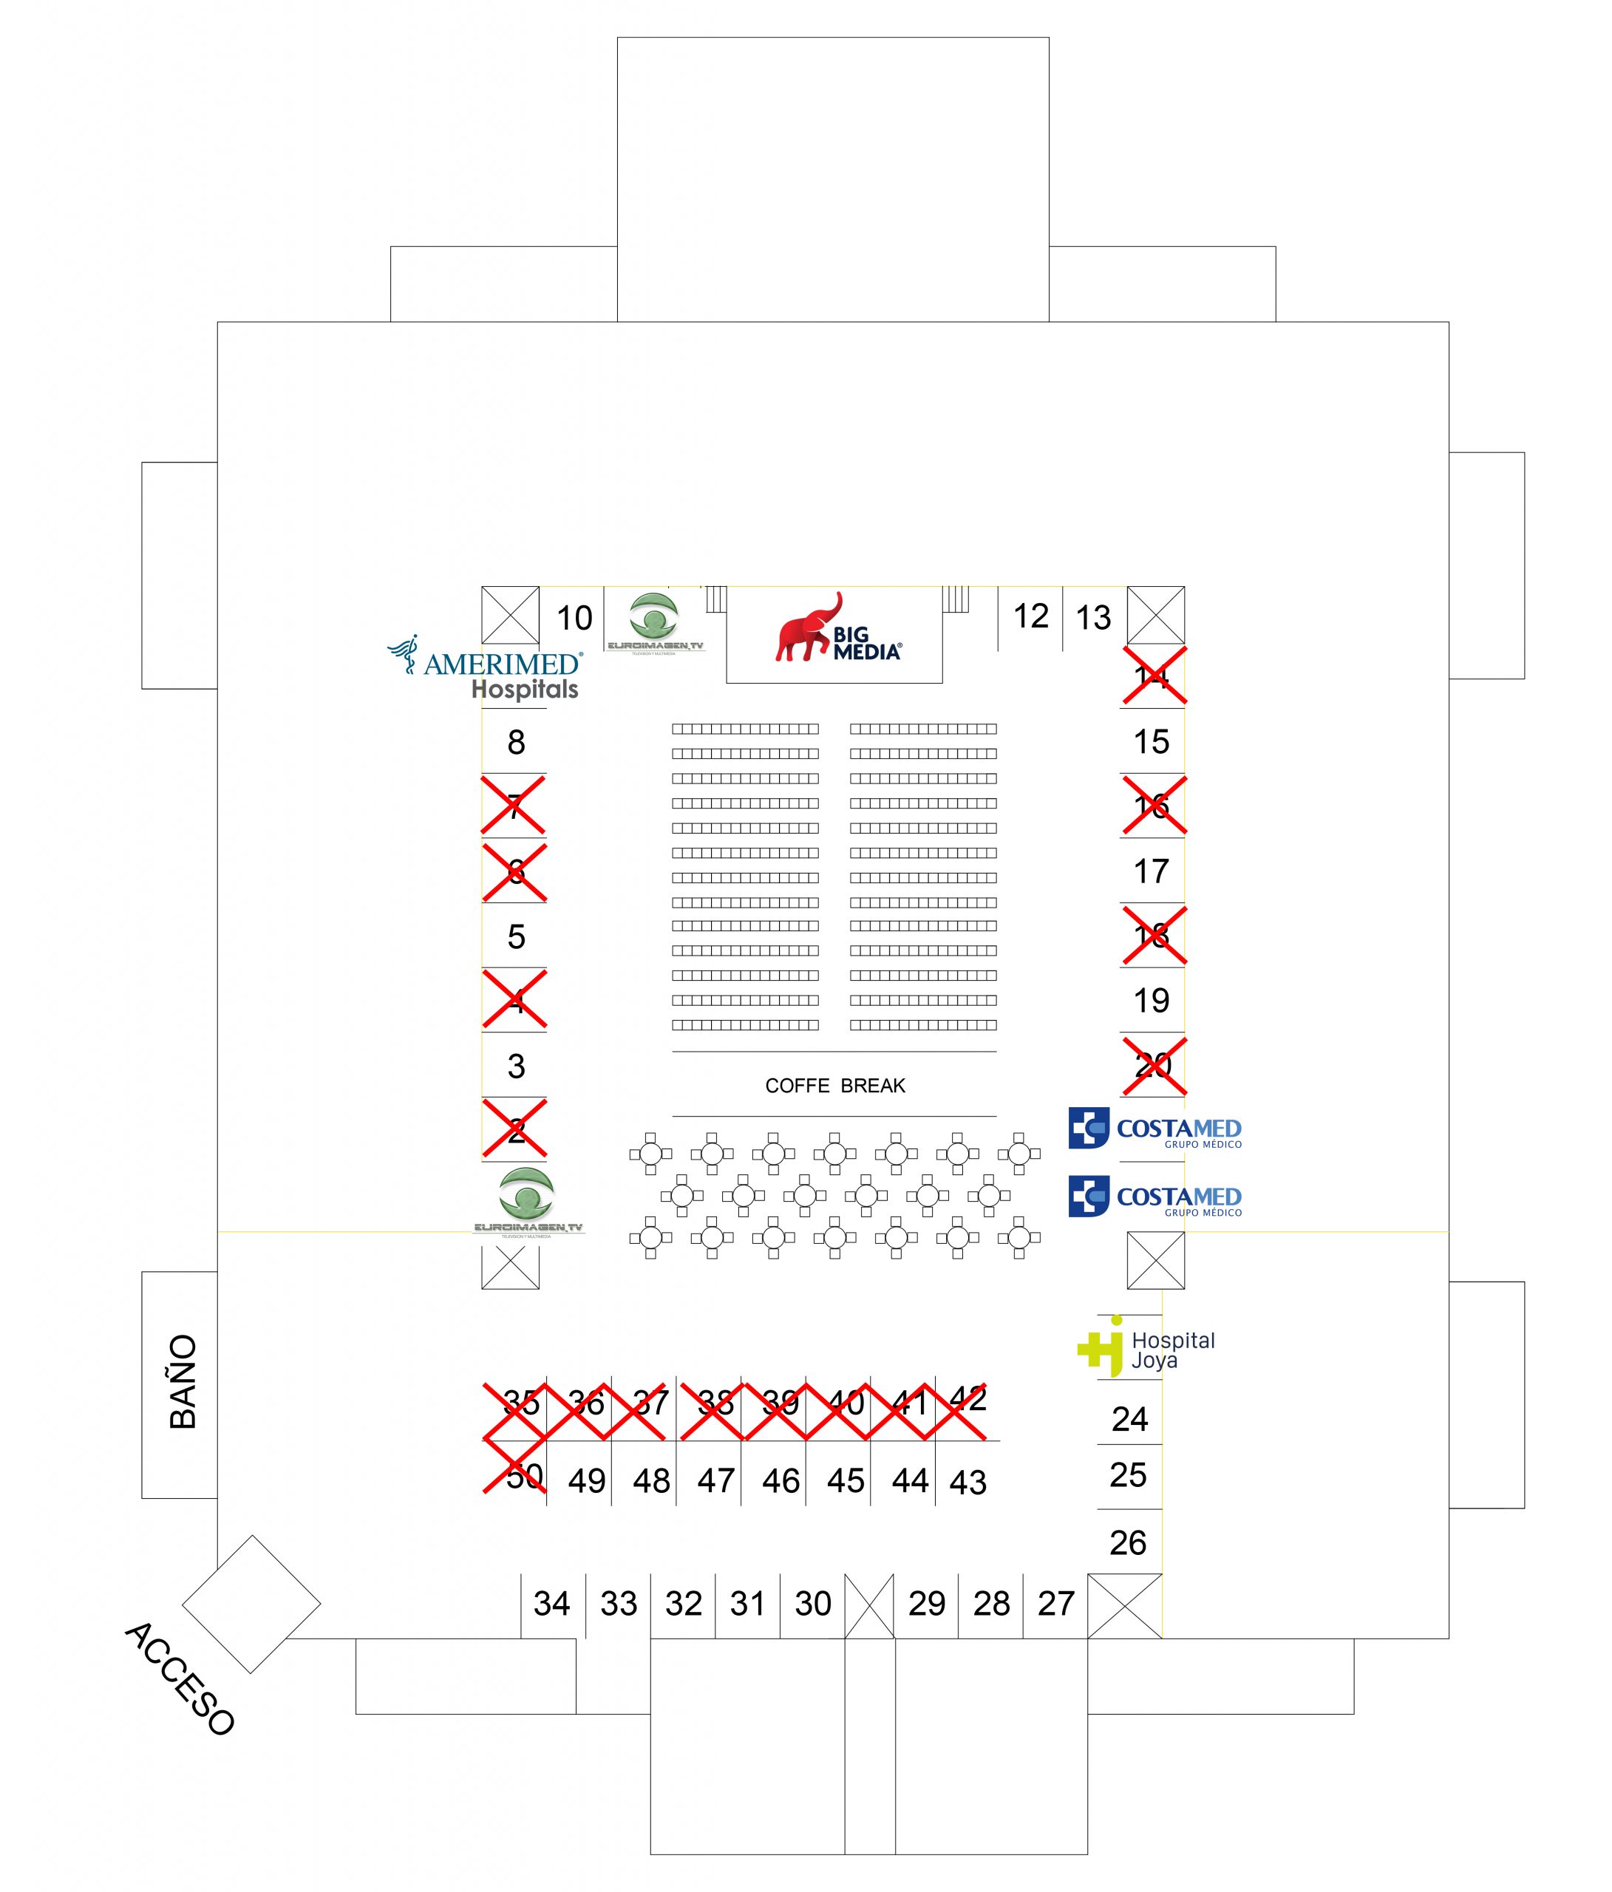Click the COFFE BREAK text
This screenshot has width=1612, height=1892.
coord(834,1086)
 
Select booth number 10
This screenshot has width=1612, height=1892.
coord(574,618)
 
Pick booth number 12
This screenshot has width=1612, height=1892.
coord(1031,616)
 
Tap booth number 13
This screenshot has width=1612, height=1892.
coord(1093,618)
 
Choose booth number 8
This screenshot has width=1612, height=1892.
coord(516,742)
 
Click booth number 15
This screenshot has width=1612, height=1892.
coord(1151,741)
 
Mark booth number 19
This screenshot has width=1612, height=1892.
coord(1151,1001)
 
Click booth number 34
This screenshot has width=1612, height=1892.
coord(551,1604)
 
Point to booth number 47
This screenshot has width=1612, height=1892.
coord(716,1481)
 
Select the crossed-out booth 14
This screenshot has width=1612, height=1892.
coord(1154,677)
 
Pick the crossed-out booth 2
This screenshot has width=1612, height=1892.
coord(515,1129)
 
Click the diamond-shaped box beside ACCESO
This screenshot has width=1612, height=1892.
coord(251,1604)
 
